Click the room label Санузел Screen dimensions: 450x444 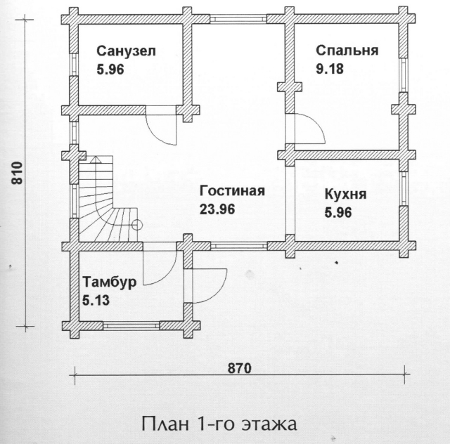pyautogui.click(x=126, y=51)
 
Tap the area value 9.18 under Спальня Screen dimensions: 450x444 pyautogui.click(x=330, y=69)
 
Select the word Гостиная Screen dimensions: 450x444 pyautogui.click(x=232, y=191)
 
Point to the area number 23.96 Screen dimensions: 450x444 pyautogui.click(x=217, y=209)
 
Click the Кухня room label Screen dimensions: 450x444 pyautogui.click(x=345, y=195)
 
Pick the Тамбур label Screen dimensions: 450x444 pyautogui.click(x=110, y=282)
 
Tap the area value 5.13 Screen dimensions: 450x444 pyautogui.click(x=96, y=300)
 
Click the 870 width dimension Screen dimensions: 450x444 pyautogui.click(x=240, y=368)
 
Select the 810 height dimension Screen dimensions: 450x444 pyautogui.click(x=17, y=173)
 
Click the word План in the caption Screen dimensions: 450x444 pyautogui.click(x=166, y=424)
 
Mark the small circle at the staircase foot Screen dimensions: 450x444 pyautogui.click(x=137, y=225)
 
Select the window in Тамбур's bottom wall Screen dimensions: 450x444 pyautogui.click(x=131, y=325)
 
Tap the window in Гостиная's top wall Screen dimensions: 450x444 pyautogui.click(x=238, y=19)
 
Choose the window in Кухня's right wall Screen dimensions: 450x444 pyautogui.click(x=404, y=188)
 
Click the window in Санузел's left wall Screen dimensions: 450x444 pyautogui.click(x=74, y=65)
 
